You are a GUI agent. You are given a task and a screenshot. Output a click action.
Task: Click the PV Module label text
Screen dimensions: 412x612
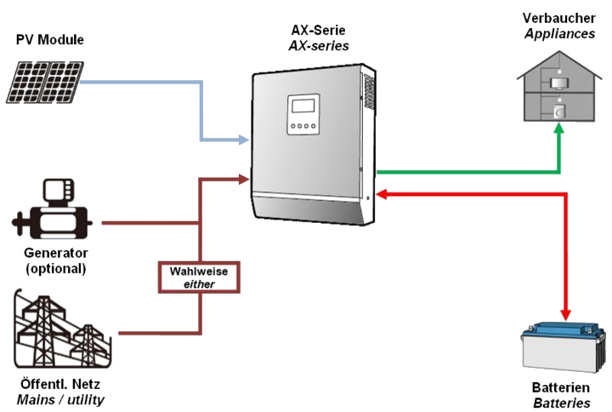[x=50, y=40]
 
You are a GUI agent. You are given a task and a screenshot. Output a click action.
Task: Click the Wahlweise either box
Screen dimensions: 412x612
[x=199, y=277]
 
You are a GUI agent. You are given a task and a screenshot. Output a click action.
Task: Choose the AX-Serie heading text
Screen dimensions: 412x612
[x=319, y=31]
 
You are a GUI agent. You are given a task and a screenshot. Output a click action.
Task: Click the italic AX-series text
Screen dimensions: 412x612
[x=319, y=46]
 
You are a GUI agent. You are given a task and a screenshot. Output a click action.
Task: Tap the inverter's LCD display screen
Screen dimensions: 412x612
[x=303, y=106]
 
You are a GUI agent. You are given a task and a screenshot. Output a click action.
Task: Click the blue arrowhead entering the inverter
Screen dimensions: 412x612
[x=242, y=138]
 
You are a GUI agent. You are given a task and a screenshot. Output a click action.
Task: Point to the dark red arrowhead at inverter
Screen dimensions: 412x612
[x=242, y=178]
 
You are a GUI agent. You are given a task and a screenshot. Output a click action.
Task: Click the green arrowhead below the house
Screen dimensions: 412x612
[x=559, y=129]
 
